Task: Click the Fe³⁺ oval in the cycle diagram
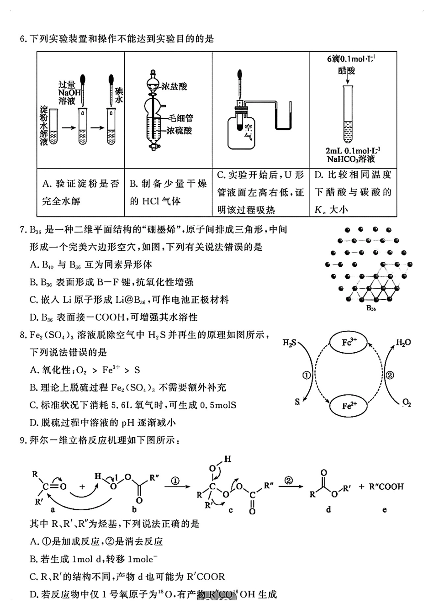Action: tap(349, 342)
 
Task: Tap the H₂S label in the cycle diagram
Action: tap(289, 343)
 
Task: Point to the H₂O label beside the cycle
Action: tap(403, 343)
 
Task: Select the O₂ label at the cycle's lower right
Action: tap(407, 403)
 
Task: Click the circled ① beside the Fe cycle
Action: tap(307, 375)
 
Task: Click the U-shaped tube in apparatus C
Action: tap(285, 120)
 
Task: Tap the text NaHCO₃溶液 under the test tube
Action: tap(351, 159)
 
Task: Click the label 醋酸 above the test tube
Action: tap(347, 70)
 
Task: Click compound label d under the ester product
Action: tap(328, 509)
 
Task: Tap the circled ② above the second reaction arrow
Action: tap(289, 480)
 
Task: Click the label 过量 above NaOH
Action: tap(67, 85)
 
